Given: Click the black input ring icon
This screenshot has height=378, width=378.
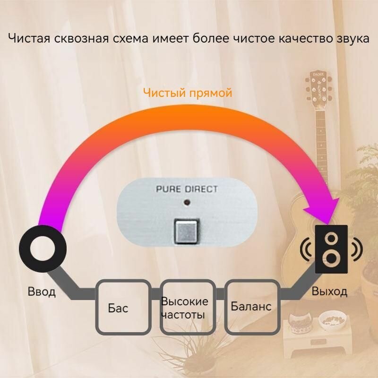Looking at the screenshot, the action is click(43, 249).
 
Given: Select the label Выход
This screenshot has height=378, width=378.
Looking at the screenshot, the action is click(329, 291).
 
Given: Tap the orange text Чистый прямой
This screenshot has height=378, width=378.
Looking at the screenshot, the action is click(188, 93).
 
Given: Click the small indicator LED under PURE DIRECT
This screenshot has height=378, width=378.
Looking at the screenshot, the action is click(188, 203).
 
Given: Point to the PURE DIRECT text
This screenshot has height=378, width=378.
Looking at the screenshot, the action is click(187, 189).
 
